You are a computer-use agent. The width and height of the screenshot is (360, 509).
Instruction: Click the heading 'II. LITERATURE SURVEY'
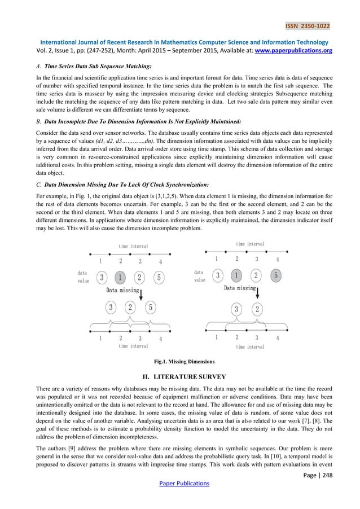click(180, 376)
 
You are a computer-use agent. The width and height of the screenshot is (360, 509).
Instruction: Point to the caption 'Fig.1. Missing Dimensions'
click(180, 361)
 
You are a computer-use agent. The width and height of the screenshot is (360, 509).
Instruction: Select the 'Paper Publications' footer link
click(180, 483)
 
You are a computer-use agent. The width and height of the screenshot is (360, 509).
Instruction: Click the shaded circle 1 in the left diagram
click(120, 278)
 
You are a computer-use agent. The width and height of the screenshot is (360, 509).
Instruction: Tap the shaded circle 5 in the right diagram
click(276, 276)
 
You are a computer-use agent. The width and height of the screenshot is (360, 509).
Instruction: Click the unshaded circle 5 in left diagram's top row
click(160, 278)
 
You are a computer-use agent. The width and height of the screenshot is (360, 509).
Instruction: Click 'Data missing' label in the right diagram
click(239, 288)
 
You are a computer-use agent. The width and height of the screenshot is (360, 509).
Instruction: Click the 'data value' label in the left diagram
click(83, 277)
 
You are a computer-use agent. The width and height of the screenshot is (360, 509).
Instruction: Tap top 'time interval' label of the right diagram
click(249, 244)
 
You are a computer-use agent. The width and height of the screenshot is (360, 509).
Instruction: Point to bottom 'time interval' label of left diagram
click(133, 346)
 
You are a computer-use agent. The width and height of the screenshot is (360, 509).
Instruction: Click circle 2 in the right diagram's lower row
click(257, 309)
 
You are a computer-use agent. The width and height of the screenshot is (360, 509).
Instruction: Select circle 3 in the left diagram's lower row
click(112, 308)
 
